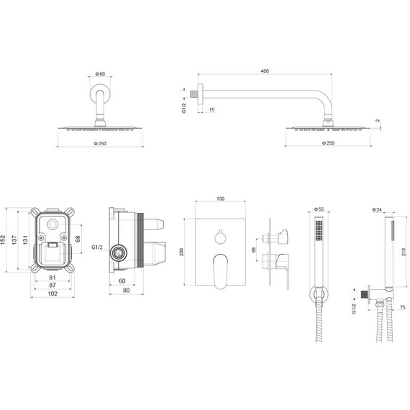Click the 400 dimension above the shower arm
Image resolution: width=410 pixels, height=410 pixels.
[265, 71]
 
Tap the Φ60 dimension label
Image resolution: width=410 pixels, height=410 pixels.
[100, 74]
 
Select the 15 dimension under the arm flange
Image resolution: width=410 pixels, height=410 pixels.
[211, 109]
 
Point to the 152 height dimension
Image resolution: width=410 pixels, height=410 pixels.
[3, 240]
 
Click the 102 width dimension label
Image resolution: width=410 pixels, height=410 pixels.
[53, 293]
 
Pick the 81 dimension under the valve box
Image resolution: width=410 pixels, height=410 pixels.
[53, 278]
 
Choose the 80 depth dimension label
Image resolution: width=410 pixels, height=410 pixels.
[127, 291]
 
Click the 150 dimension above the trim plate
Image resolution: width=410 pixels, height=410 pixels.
[220, 199]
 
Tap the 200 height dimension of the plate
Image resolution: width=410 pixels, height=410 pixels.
[181, 252]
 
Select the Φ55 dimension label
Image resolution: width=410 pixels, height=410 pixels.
[319, 209]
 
